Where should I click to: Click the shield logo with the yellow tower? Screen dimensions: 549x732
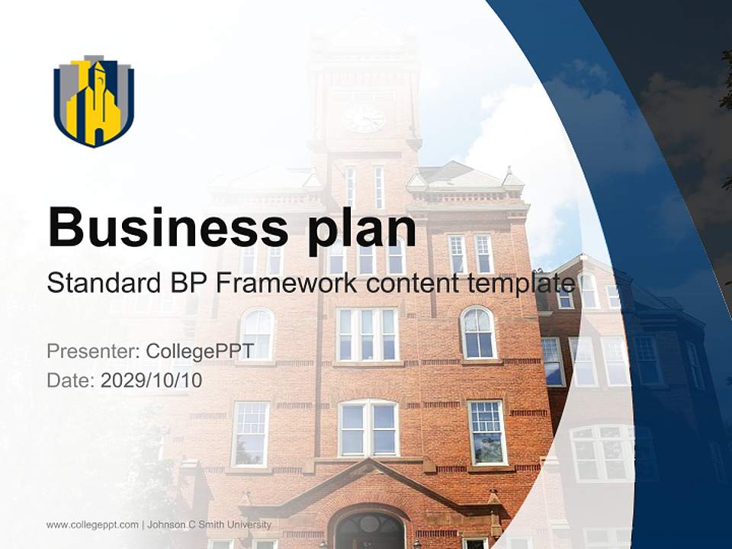(94, 101)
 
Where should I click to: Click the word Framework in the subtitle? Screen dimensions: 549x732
(286, 283)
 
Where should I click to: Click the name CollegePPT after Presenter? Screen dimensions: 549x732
(200, 352)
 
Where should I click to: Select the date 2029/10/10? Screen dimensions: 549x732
(152, 380)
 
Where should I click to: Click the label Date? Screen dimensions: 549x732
(71, 380)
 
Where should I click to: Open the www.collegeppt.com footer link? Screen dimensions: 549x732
(92, 525)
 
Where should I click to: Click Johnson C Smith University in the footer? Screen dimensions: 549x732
(209, 525)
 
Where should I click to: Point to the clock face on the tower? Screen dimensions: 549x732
(364, 118)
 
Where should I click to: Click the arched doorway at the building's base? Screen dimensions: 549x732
(370, 530)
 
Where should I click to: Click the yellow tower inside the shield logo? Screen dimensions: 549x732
(95, 107)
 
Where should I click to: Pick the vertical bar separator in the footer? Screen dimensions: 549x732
(143, 525)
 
